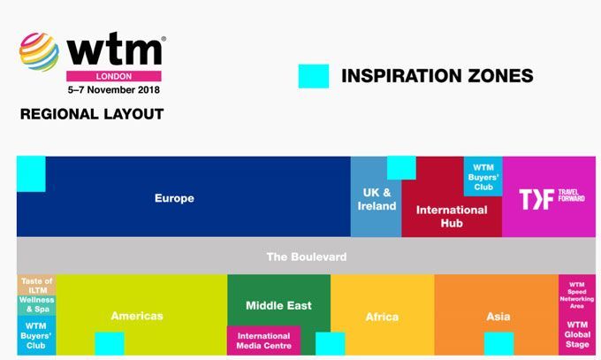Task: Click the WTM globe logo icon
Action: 39,52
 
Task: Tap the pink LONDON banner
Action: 114,76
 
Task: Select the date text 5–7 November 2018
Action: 114,90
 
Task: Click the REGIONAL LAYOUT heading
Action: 92,114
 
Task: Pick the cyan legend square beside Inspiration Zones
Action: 314,76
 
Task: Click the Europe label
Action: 174,198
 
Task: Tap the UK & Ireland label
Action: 377,199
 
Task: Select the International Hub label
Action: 452,217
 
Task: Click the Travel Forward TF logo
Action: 552,199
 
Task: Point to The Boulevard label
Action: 307,257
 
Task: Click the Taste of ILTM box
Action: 37,285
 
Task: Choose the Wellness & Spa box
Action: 37,305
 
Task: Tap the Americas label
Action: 137,316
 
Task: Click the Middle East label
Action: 278,305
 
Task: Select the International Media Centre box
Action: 263,341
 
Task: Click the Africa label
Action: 382,317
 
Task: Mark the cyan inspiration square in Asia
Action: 499,343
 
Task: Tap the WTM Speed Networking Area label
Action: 577,295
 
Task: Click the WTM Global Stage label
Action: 577,334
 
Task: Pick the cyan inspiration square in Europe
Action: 31,174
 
